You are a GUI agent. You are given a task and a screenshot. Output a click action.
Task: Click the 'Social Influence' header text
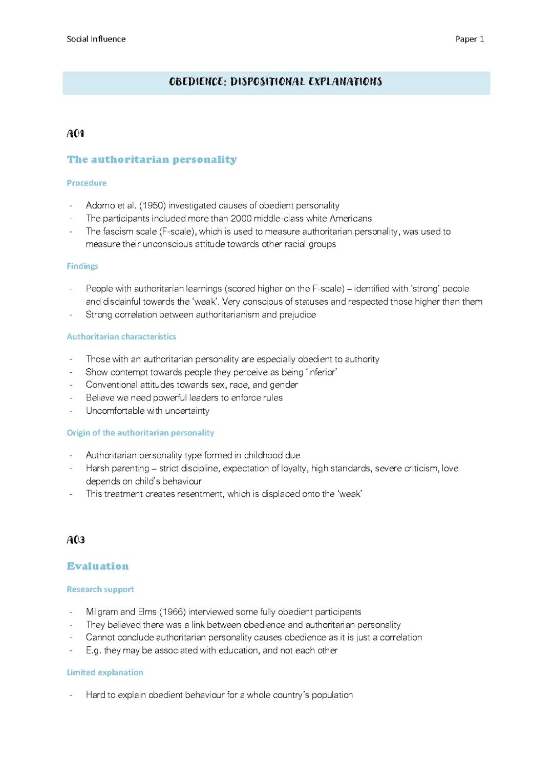tap(96, 39)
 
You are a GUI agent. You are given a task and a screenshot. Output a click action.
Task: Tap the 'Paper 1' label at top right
tap(470, 39)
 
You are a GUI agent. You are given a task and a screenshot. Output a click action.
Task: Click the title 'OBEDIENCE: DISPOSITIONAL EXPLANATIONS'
tap(275, 82)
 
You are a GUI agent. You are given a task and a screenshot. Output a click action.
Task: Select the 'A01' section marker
tap(75, 134)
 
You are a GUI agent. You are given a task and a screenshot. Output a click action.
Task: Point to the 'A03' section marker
tap(76, 540)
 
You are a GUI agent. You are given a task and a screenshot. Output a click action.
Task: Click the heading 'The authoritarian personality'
tap(152, 159)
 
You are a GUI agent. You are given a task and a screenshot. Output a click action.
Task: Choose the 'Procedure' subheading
tap(87, 183)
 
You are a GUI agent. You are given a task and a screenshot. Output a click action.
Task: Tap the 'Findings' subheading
tap(82, 266)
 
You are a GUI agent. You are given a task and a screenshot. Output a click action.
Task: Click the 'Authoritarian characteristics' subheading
tap(121, 336)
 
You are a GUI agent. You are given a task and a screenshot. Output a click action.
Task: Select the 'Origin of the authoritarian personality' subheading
tap(140, 433)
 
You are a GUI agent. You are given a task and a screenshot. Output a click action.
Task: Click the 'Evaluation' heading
tap(98, 566)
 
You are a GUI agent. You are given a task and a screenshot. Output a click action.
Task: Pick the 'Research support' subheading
tap(100, 589)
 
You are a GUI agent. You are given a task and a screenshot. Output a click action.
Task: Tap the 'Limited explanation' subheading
tap(105, 672)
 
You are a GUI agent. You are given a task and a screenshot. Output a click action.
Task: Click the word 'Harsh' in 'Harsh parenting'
tap(97, 468)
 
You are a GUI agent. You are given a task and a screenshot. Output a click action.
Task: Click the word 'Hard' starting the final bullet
tap(95, 695)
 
